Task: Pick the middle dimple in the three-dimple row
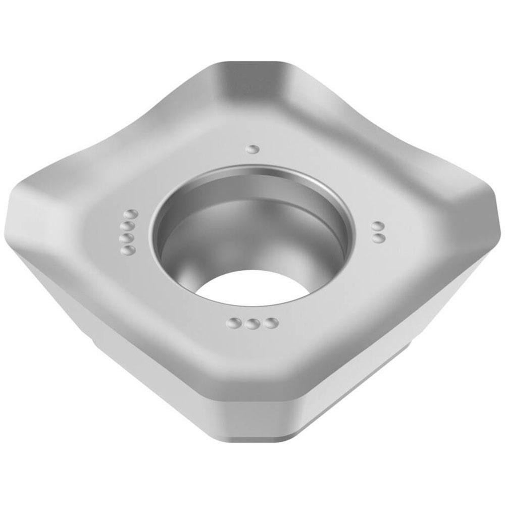252,324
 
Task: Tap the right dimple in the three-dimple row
272,322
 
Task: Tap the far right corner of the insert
492,212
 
